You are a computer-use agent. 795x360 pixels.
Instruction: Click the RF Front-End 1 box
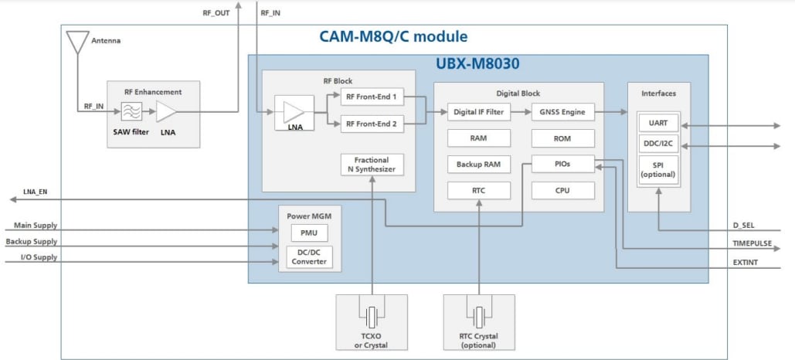372,97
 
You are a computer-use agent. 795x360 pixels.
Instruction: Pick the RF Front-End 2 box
372,123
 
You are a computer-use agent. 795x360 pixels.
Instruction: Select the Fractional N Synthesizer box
372,165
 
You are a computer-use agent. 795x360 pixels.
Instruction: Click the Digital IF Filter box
479,112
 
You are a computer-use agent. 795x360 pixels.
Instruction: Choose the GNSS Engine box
562,112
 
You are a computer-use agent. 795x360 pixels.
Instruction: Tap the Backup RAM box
479,165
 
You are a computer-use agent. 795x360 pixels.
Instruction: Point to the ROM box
562,138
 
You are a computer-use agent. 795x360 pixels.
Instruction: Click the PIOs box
562,164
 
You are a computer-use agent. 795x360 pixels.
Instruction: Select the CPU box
562,190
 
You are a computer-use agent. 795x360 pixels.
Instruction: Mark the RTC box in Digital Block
479,191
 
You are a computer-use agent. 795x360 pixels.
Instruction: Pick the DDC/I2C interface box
658,144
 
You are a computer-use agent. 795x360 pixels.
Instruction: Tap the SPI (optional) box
658,169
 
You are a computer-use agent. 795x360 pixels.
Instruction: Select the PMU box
309,232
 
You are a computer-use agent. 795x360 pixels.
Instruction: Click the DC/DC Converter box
309,256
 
